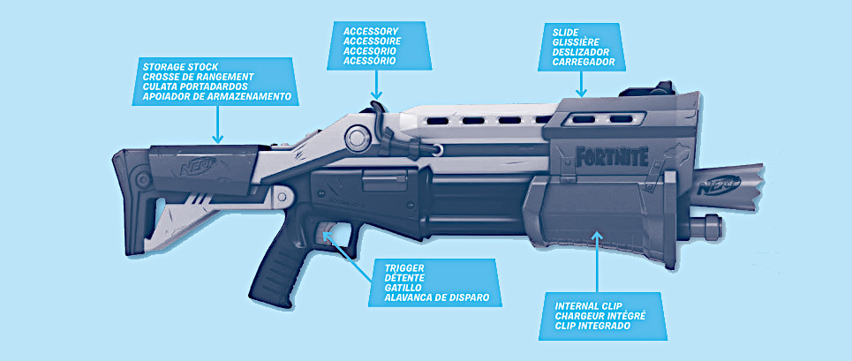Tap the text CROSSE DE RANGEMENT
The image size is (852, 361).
[x=198, y=76]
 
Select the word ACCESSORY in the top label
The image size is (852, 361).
[x=372, y=30]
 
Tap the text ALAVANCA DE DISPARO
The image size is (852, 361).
[x=437, y=297]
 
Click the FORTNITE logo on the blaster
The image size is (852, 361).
[x=612, y=158]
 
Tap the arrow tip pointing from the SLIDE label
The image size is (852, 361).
[x=581, y=94]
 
